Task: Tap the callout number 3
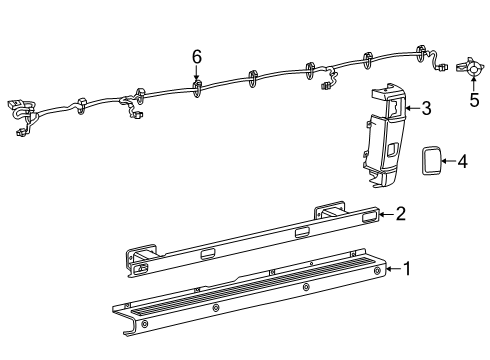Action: [425, 108]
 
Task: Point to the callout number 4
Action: [461, 160]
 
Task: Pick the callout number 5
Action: [474, 100]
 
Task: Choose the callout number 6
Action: [197, 58]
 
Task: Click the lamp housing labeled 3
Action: [383, 140]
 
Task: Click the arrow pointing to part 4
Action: [448, 160]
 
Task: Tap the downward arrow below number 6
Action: [197, 74]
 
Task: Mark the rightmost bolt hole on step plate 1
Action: [377, 271]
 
